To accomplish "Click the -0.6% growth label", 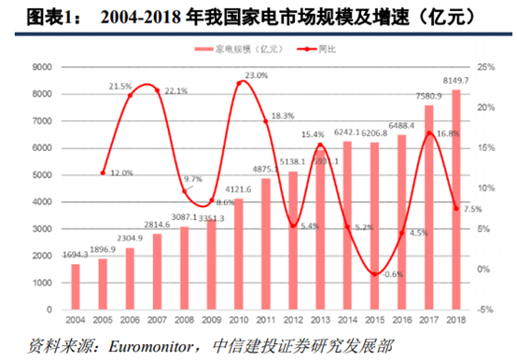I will pos(394,274).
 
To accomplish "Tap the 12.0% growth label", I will pos(121,173).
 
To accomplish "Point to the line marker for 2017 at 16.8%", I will pos(429,133).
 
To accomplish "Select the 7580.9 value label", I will pos(428,94).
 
